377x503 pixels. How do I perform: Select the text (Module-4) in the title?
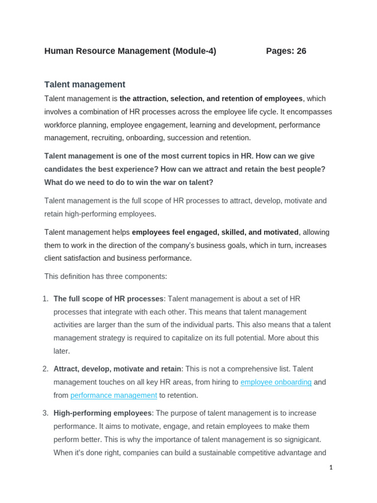coord(194,51)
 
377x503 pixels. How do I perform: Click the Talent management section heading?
coord(85,84)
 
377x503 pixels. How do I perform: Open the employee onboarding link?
coord(276,382)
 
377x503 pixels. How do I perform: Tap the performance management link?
coord(114,395)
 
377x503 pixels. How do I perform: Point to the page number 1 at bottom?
coord(331,468)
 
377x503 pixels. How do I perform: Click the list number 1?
coord(45,299)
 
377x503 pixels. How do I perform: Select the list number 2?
coord(45,369)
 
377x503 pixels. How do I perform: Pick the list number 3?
coord(45,413)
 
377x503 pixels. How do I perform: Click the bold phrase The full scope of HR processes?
coord(108,299)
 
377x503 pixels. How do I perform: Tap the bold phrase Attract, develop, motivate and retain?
coord(117,369)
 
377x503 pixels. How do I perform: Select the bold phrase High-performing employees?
coord(103,413)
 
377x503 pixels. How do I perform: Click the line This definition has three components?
coord(106,277)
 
